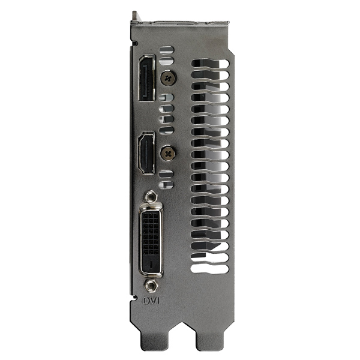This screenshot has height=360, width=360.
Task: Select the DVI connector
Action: (151, 239)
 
